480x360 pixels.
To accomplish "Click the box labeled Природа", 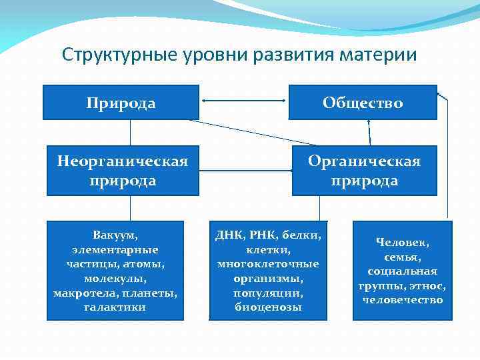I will (121, 103).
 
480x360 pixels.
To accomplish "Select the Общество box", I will (363, 103).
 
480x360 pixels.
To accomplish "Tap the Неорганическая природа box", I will (122, 171).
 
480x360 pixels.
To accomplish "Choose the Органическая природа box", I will (364, 171).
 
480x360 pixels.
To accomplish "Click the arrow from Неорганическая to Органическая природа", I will (245, 171).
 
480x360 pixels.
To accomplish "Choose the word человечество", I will (403, 300).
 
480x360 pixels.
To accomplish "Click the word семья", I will (403, 257).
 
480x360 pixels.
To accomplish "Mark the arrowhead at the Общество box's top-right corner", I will (439, 95).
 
